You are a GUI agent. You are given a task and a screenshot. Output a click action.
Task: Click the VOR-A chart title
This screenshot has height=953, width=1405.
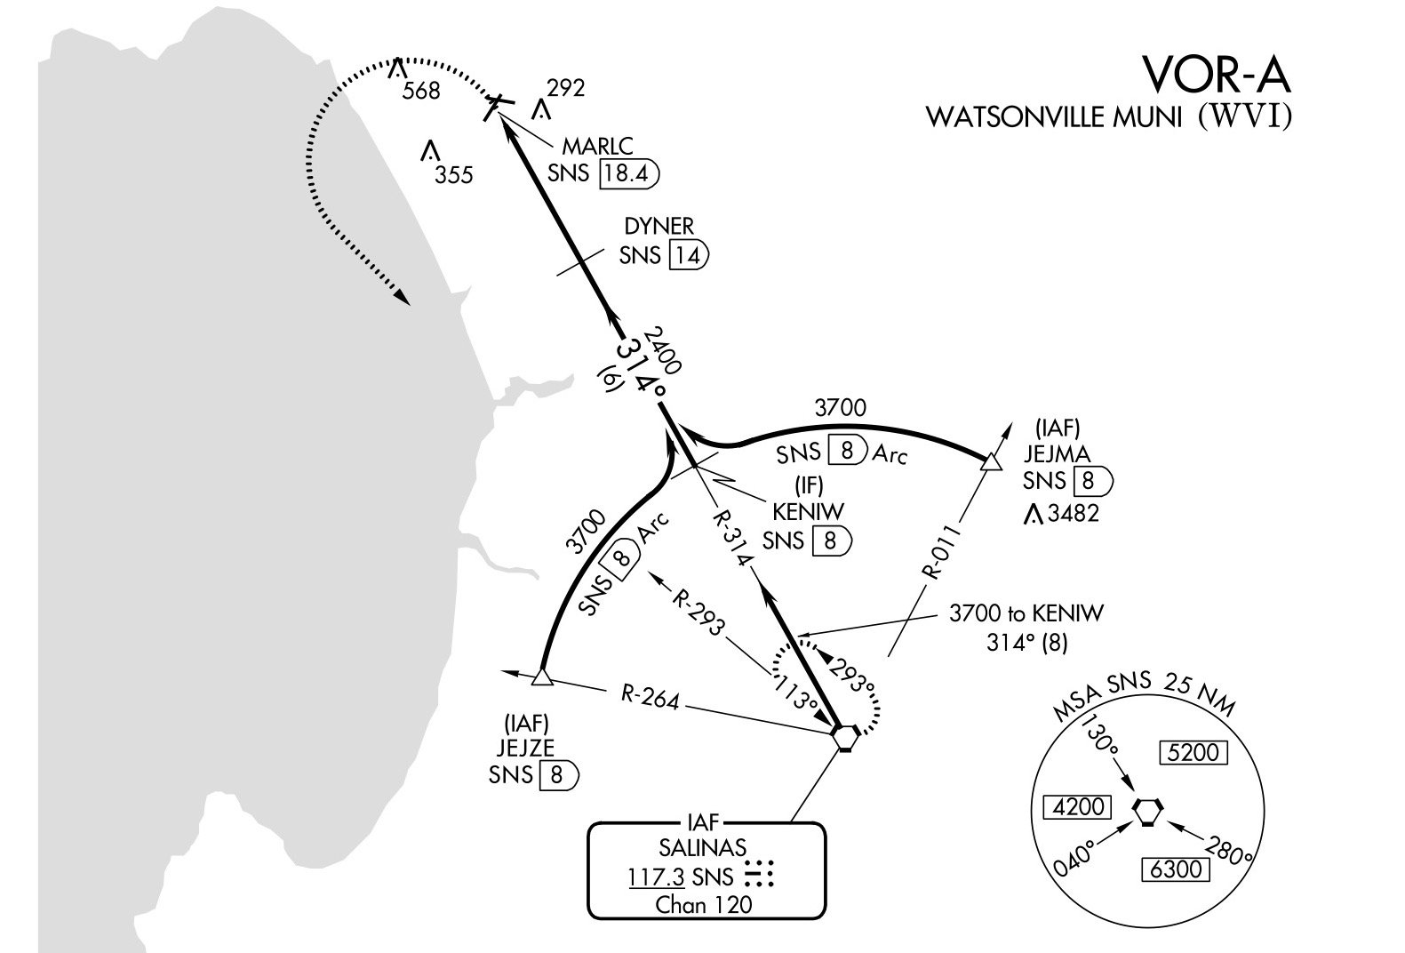pyautogui.click(x=1215, y=74)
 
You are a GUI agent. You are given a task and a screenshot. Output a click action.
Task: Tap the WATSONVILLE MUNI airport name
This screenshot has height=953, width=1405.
pyautogui.click(x=1054, y=118)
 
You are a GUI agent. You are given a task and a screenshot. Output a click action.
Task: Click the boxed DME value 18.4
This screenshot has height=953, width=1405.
pyautogui.click(x=627, y=172)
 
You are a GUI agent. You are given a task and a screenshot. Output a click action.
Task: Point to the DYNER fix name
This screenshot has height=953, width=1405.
pyautogui.click(x=659, y=228)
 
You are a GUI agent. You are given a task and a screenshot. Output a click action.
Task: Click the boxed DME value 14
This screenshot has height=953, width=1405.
pyautogui.click(x=685, y=256)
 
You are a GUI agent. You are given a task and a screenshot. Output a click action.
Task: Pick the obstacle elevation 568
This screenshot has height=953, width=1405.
pyautogui.click(x=420, y=91)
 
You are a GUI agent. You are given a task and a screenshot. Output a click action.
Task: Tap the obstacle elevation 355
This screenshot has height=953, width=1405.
pyautogui.click(x=453, y=175)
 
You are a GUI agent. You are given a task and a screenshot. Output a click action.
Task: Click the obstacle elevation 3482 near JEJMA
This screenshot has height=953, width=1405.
pyautogui.click(x=1074, y=514)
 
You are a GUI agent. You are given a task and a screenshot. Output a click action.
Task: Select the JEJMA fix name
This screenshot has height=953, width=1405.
pyautogui.click(x=1057, y=454)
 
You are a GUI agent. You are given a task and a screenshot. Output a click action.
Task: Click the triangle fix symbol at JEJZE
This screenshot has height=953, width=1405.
pyautogui.click(x=542, y=678)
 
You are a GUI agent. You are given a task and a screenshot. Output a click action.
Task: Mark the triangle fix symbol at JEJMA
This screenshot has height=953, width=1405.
pyautogui.click(x=989, y=460)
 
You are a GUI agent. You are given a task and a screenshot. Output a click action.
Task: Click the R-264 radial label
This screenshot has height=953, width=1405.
pyautogui.click(x=650, y=699)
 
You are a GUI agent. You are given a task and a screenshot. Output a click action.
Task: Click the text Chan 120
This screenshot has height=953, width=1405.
pyautogui.click(x=703, y=906)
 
